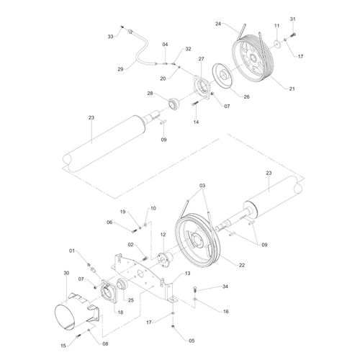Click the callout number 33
111,35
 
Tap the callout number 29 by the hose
121,69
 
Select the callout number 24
219,24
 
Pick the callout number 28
150,94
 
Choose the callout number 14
196,123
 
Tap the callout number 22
242,266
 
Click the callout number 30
66,273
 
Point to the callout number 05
192,340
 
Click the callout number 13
187,274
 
